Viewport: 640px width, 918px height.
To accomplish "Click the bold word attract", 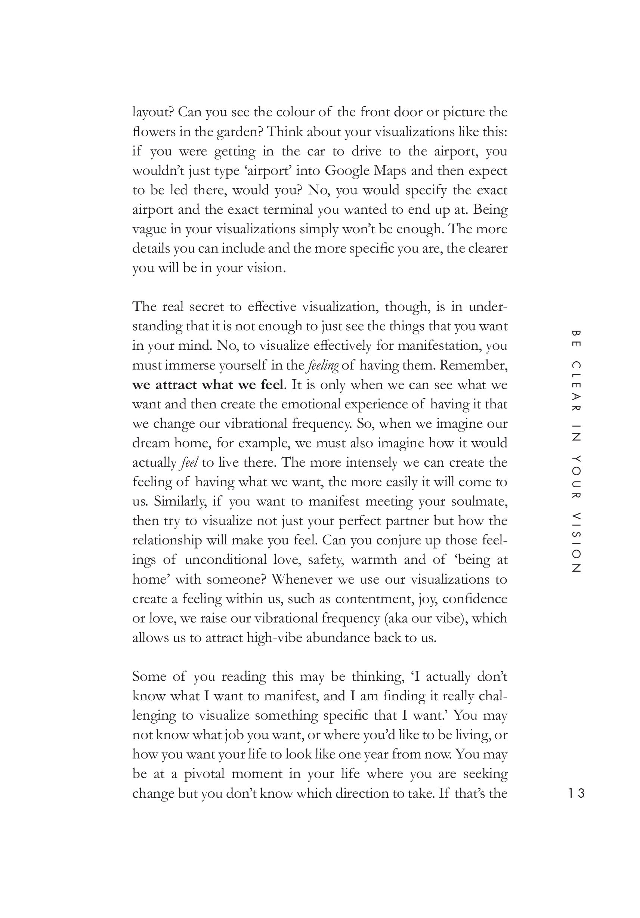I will click(x=176, y=385).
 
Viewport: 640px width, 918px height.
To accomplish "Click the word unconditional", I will click(x=225, y=560).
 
